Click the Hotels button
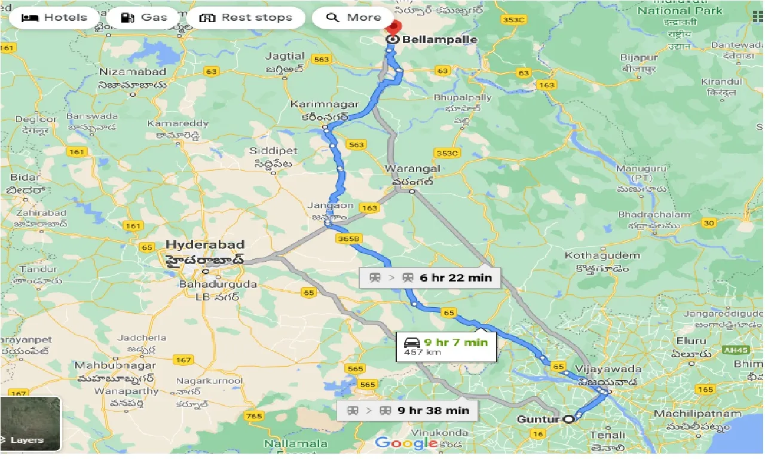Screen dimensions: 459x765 [54, 17]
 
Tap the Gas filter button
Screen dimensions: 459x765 [144, 17]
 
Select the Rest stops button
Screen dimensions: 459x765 [246, 17]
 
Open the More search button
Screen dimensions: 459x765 [354, 17]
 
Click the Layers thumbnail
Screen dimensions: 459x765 [30, 423]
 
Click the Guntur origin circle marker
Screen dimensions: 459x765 [568, 419]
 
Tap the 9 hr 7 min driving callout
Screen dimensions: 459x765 [446, 347]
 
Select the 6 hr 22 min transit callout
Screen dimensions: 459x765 [430, 278]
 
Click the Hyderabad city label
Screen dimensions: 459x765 [205, 245]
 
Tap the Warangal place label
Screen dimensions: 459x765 [412, 169]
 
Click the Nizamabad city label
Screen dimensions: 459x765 [133, 72]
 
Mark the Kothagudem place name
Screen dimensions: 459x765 [602, 256]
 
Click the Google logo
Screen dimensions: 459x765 [406, 443]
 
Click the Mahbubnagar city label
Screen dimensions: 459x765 [115, 365]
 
